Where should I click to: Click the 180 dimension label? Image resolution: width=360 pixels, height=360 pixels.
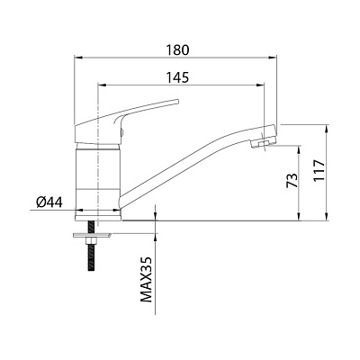coord(178,49)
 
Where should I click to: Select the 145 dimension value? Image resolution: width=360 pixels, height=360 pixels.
coord(178,77)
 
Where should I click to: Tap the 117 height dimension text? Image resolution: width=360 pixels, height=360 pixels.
coord(319,170)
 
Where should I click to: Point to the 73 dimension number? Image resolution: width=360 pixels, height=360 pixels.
coord(292,180)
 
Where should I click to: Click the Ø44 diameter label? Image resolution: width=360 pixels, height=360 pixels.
coord(49,202)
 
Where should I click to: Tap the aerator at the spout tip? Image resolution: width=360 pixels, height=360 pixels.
coord(260,142)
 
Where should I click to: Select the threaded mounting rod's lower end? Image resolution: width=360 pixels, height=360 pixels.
coord(92,269)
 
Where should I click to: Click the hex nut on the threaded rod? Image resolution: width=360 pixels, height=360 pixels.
coord(92,241)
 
